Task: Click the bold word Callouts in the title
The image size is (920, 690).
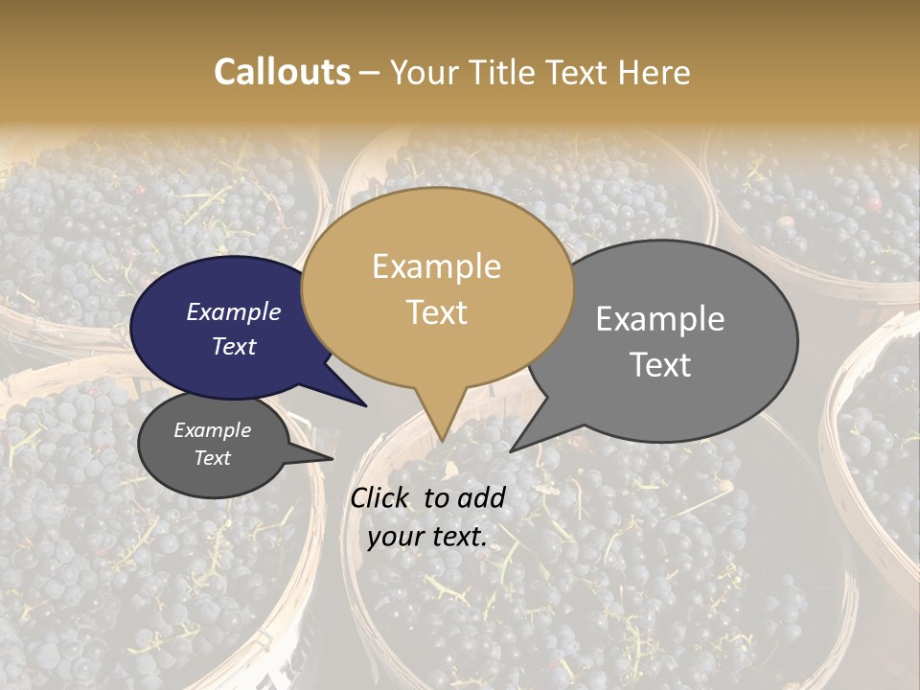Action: click(x=282, y=72)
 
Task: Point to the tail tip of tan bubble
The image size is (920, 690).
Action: click(x=442, y=440)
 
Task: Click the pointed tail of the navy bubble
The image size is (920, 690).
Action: click(x=365, y=405)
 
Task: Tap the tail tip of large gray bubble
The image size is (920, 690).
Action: click(x=512, y=450)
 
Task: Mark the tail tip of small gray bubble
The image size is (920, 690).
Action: click(x=332, y=458)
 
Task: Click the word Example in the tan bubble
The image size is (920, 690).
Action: click(x=437, y=266)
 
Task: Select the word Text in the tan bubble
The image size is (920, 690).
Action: click(x=437, y=312)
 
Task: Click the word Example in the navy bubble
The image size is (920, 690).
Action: click(x=234, y=312)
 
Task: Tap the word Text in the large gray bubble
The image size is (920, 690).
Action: click(x=661, y=365)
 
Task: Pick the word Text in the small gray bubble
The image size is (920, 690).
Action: click(x=213, y=458)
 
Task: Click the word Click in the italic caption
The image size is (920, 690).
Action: click(x=380, y=497)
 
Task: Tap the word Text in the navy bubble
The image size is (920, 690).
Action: click(x=234, y=347)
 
